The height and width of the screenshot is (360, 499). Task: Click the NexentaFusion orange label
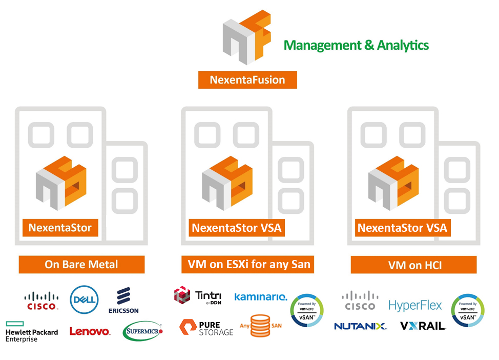tap(247, 80)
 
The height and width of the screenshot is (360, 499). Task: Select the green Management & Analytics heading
tap(356, 45)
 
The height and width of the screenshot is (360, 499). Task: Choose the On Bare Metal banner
tap(81, 265)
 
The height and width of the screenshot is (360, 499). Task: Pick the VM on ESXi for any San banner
tap(247, 265)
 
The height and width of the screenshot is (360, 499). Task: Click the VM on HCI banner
tap(413, 265)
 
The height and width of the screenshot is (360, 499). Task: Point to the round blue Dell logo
tap(84, 299)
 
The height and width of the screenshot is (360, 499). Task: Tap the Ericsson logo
tap(123, 301)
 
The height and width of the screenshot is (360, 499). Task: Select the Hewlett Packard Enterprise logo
tap(31, 331)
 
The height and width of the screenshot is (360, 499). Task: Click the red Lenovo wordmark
tap(90, 332)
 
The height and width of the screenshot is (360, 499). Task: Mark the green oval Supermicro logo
tap(143, 331)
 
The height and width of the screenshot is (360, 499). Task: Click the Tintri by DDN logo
tap(198, 296)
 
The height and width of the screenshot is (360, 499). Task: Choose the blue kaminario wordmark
tap(261, 297)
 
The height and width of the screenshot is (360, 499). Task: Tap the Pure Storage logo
tap(206, 328)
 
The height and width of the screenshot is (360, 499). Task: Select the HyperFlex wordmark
tap(415, 306)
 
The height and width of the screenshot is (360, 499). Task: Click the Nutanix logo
tap(360, 326)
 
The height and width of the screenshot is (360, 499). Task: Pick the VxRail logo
tap(423, 326)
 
